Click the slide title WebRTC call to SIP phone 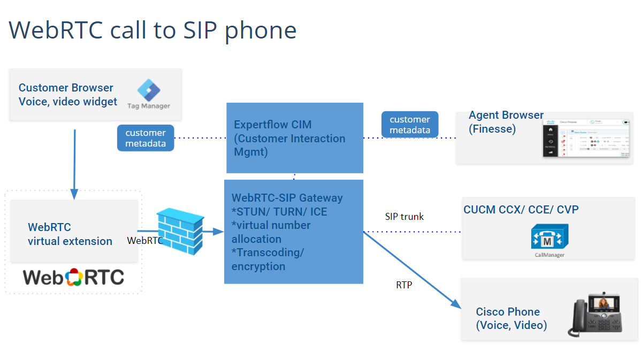tap(152, 30)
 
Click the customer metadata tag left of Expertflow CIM tap(146, 138)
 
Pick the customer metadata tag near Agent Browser tap(410, 125)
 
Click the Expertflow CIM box tap(294, 138)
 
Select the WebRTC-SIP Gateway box tap(293, 232)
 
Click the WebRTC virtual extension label tap(70, 234)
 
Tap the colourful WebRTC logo tap(73, 277)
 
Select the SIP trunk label tap(404, 217)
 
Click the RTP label tap(404, 285)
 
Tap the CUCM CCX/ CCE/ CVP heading tap(521, 210)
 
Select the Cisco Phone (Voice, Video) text tap(511, 318)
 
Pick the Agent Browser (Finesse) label tap(506, 122)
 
